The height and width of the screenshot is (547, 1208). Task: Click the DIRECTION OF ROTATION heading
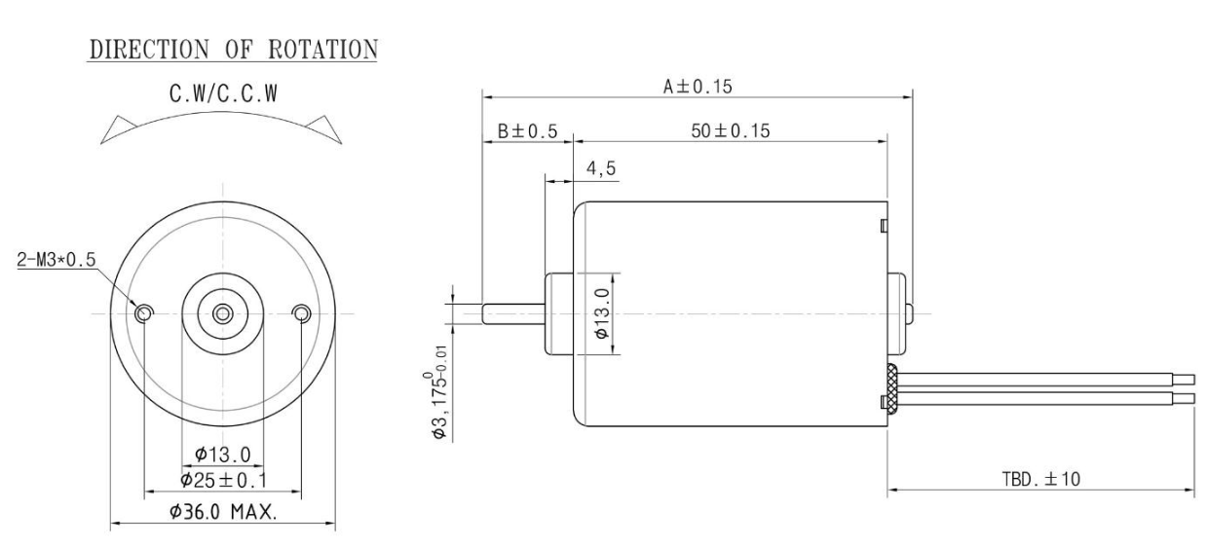[233, 49]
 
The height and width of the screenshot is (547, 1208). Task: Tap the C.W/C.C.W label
[223, 93]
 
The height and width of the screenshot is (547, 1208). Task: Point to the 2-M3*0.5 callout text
[57, 260]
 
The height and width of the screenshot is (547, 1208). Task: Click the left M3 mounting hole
[144, 313]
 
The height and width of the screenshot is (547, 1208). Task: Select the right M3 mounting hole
[301, 313]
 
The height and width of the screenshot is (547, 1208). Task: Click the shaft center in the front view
[223, 313]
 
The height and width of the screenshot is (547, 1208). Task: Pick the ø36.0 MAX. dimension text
[223, 511]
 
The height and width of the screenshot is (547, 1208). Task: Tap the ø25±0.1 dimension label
[223, 480]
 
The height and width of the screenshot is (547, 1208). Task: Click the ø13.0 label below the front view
[223, 455]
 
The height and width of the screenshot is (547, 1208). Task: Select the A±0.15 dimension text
[698, 87]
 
